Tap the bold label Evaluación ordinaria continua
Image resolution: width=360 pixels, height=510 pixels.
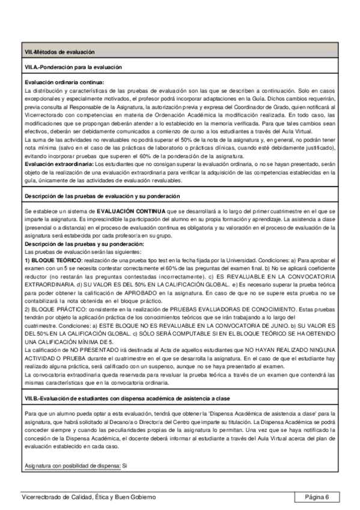pos(64,82)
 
